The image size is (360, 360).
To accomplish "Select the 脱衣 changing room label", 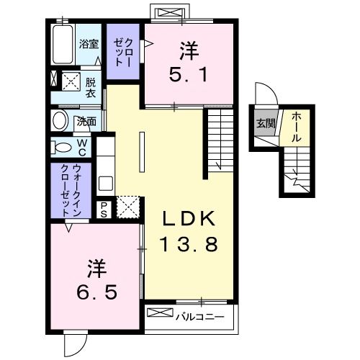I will click(x=91, y=87).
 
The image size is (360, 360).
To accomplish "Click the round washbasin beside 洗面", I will click(x=60, y=120).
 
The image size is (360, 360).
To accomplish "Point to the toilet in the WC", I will click(x=62, y=147).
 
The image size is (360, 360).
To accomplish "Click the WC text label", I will click(x=82, y=147).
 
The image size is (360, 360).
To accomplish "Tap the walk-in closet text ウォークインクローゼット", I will click(x=71, y=191).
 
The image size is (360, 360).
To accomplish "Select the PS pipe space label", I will click(x=104, y=208).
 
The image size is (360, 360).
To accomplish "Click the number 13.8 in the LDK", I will click(x=184, y=245).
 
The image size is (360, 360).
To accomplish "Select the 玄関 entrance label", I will click(x=265, y=123).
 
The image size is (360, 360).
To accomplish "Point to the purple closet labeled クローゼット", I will click(x=123, y=47).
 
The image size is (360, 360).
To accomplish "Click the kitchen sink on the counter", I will click(x=105, y=182).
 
